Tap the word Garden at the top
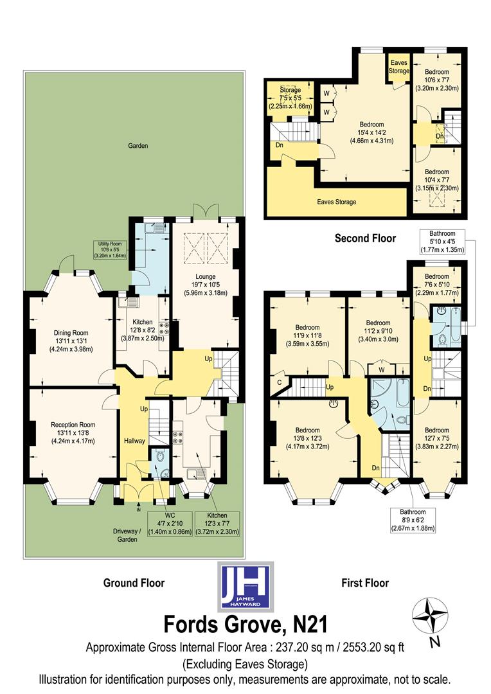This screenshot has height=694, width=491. click(138, 146)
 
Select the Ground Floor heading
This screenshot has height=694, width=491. click(134, 583)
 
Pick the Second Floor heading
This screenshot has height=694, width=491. click(365, 238)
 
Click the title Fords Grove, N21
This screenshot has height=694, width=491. click(245, 623)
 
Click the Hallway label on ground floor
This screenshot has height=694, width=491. click(135, 440)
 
